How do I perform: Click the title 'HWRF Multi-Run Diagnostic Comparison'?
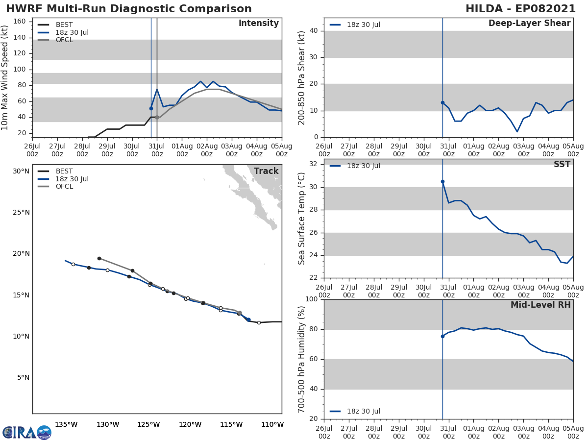[x=129, y=9]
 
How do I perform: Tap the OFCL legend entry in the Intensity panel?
[x=64, y=40]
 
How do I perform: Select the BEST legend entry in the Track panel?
[x=64, y=171]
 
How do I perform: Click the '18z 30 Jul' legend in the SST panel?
[x=363, y=166]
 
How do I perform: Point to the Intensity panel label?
[x=258, y=24]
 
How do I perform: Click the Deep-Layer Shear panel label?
[x=529, y=24]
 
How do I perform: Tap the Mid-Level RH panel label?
[x=540, y=305]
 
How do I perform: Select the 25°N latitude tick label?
[x=21, y=213]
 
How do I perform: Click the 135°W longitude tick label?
[x=66, y=424]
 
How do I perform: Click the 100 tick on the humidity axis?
[x=311, y=299]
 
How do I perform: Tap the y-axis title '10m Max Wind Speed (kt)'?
[x=5, y=78]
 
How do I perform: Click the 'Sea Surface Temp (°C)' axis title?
[x=302, y=219]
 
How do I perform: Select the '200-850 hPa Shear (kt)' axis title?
[x=302, y=78]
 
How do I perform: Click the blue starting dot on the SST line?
[x=442, y=181]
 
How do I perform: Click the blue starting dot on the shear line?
[x=442, y=102]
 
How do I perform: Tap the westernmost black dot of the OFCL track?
[x=99, y=258]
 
